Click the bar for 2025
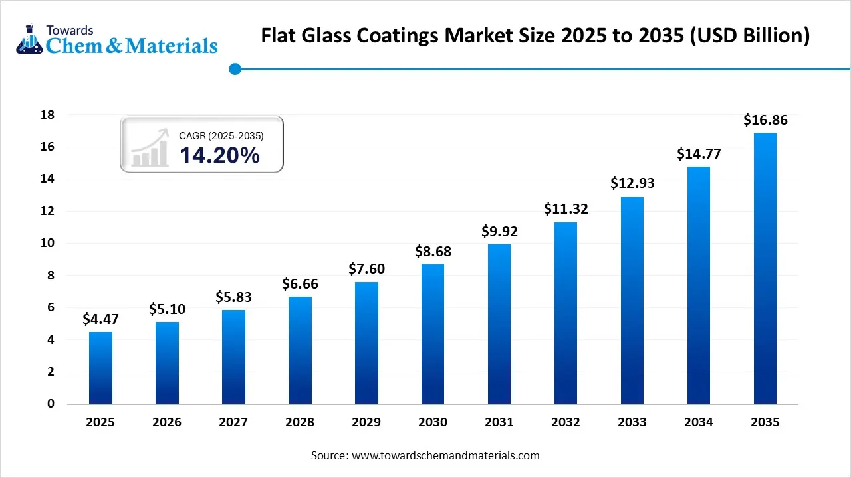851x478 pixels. point(100,368)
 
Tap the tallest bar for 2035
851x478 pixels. point(765,268)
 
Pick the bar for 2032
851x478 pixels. point(566,313)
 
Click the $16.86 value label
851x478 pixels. point(765,120)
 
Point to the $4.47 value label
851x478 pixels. point(100,319)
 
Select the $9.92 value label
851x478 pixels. point(499,232)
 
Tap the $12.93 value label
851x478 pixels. point(632,183)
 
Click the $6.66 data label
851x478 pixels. point(300,284)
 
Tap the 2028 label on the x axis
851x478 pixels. point(300,422)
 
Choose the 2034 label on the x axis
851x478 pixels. point(698,422)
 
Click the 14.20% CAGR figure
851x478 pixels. point(219,155)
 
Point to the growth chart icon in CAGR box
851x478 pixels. point(149,148)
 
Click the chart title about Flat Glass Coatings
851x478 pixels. point(535,35)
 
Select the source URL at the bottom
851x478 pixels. point(445,455)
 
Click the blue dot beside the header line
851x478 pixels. point(234,69)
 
